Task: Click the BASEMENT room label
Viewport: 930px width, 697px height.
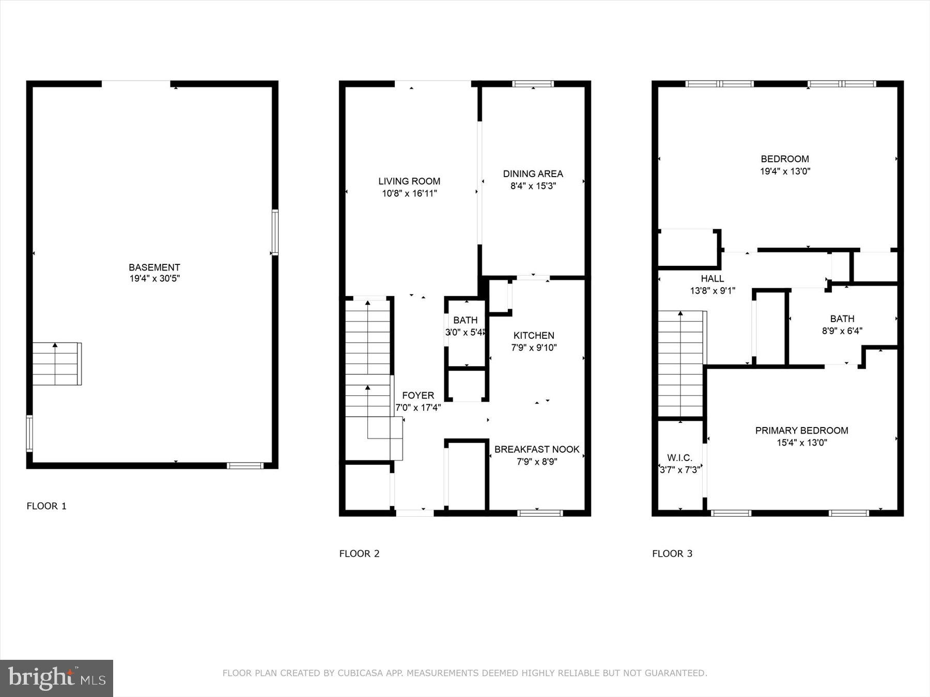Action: click(154, 267)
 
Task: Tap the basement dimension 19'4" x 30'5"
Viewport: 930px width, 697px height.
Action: click(154, 279)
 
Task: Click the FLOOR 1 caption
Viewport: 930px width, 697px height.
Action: click(47, 506)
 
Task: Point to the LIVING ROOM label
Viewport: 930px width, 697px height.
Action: click(409, 181)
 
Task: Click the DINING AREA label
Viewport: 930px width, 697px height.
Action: click(533, 174)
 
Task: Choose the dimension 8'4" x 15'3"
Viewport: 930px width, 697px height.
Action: click(533, 186)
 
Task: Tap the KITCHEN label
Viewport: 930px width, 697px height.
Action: click(534, 336)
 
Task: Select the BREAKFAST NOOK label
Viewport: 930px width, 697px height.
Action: click(537, 449)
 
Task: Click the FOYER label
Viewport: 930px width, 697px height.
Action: click(418, 395)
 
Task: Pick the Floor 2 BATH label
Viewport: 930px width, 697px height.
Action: click(466, 320)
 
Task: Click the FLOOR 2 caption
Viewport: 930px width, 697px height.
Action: click(359, 553)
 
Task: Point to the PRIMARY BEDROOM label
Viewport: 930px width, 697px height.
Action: click(801, 430)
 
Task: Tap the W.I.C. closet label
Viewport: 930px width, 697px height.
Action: click(679, 457)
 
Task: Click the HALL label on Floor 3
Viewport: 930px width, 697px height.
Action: click(712, 279)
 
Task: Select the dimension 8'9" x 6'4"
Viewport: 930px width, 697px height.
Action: click(842, 331)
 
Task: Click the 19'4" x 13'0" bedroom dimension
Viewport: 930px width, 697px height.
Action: click(784, 171)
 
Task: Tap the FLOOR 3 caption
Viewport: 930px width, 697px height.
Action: click(672, 553)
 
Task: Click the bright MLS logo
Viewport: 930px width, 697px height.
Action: click(56, 678)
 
